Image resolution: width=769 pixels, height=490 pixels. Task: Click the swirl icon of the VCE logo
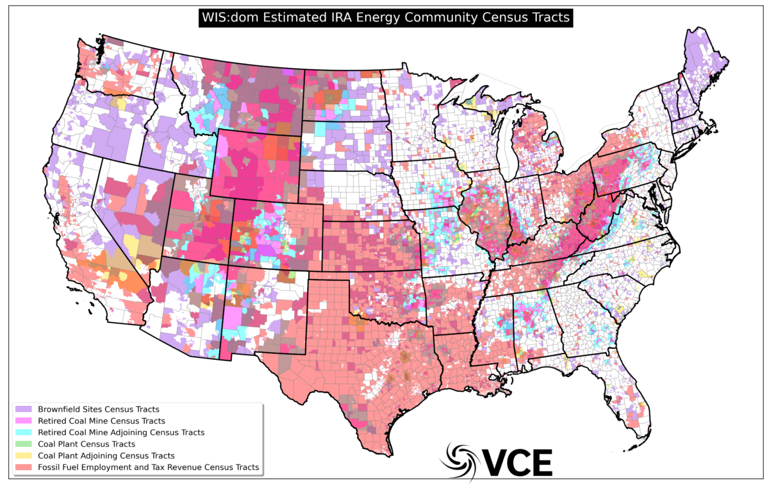(x=459, y=459)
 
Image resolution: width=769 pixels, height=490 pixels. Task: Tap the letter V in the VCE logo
(x=495, y=461)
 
